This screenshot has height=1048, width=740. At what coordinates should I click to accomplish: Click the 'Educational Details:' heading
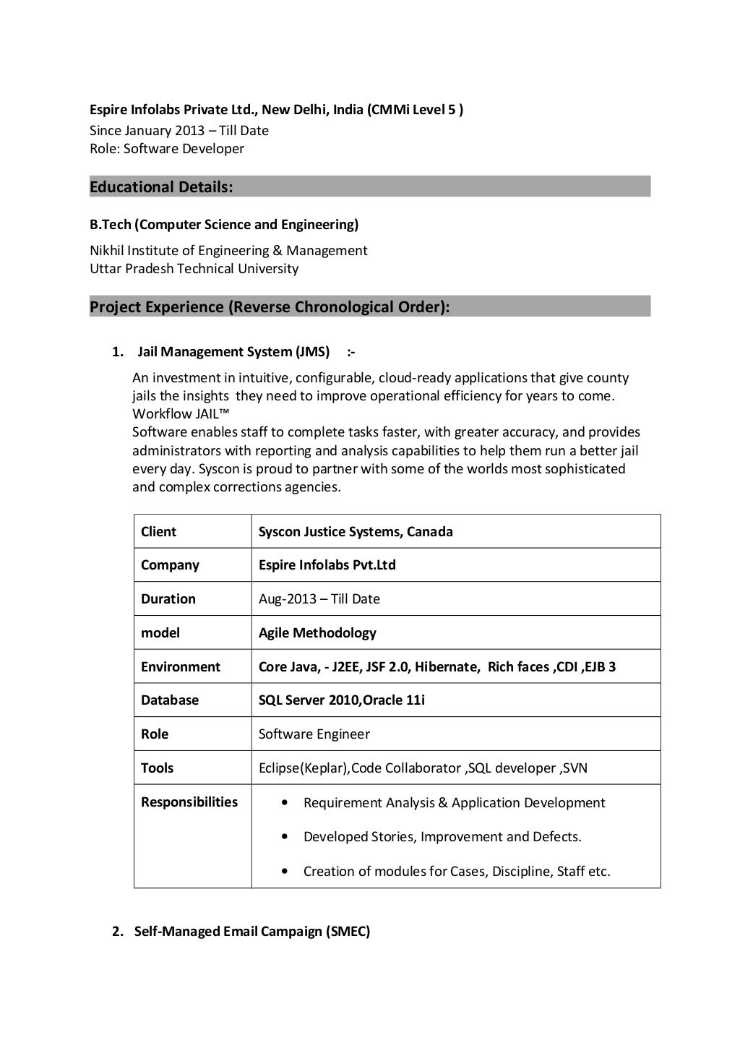(161, 187)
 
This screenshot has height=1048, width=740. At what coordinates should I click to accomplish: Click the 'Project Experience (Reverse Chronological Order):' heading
(270, 307)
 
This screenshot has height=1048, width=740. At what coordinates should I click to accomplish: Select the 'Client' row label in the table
(158, 532)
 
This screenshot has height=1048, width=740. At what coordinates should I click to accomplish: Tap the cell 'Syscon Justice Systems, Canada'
(356, 532)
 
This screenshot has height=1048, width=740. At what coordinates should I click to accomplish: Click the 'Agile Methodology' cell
(317, 633)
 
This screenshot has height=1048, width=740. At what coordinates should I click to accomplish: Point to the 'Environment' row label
(181, 667)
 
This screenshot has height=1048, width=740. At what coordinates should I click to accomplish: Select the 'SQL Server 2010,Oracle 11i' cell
(342, 700)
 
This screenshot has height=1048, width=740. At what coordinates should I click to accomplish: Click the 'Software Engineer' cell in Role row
(314, 734)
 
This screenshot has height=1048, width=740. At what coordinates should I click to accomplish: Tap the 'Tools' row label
(157, 768)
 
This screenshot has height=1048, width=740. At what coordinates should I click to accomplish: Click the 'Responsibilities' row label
(189, 802)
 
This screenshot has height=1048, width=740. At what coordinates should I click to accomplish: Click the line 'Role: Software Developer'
(167, 149)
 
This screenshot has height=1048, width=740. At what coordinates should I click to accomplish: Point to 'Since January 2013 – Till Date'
(178, 131)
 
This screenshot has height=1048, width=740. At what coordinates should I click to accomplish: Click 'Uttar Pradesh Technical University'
(194, 269)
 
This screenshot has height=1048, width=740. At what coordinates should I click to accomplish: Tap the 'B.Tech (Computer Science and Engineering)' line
(224, 225)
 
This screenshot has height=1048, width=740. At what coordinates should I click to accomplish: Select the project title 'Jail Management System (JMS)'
(233, 352)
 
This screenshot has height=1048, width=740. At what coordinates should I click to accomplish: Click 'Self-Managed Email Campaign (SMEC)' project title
(252, 932)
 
